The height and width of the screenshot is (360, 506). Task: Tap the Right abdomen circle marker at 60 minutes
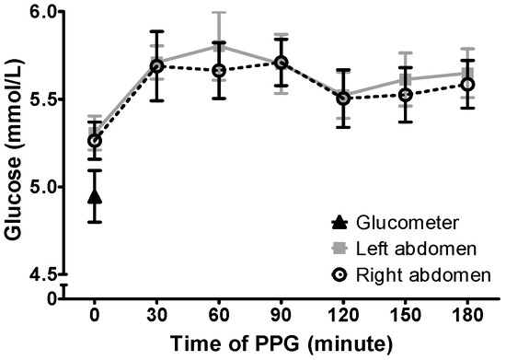coord(219,71)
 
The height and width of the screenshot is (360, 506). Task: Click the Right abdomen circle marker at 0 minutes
coord(95,141)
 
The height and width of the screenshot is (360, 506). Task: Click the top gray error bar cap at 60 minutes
coord(219,13)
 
